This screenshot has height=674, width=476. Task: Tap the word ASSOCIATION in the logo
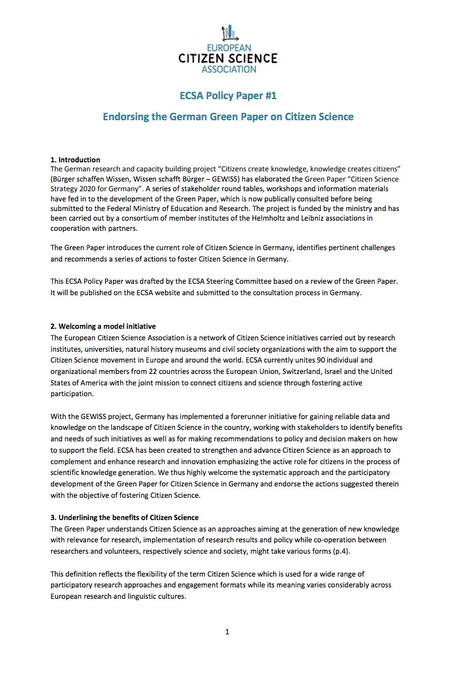tap(228, 69)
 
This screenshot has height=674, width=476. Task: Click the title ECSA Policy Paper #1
tap(228, 96)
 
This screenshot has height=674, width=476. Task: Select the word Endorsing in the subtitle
tap(125, 117)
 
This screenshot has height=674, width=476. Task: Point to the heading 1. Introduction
tap(75, 160)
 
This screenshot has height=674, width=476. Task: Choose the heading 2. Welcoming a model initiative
tap(103, 327)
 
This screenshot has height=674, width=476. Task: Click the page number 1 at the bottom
tap(227, 632)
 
